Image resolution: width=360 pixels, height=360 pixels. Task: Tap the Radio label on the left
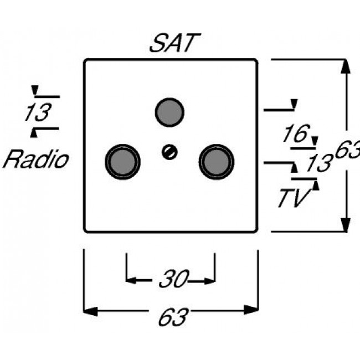pyautogui.click(x=36, y=160)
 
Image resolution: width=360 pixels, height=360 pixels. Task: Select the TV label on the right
pyautogui.click(x=293, y=198)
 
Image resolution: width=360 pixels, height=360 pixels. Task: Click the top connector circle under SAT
pyautogui.click(x=169, y=111)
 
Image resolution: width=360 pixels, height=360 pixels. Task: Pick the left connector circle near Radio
pyautogui.click(x=122, y=161)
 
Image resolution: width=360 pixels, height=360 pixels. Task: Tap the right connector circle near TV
pyautogui.click(x=217, y=161)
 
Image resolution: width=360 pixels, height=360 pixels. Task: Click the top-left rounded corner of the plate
pyautogui.click(x=86, y=61)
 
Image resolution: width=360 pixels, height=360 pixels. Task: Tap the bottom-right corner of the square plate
pyautogui.click(x=256, y=230)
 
